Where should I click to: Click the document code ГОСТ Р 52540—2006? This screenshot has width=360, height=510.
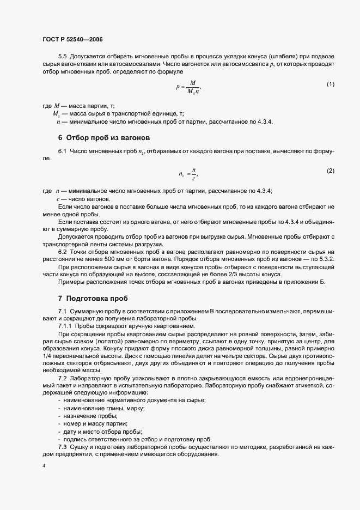click(72, 39)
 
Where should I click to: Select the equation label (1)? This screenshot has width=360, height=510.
click(330, 84)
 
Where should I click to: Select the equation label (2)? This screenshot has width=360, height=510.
click(330, 171)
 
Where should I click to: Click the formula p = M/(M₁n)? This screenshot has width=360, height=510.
click(188, 87)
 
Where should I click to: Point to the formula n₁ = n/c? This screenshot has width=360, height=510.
click(188, 174)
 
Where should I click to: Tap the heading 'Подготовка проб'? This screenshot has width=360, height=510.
click(93, 299)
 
